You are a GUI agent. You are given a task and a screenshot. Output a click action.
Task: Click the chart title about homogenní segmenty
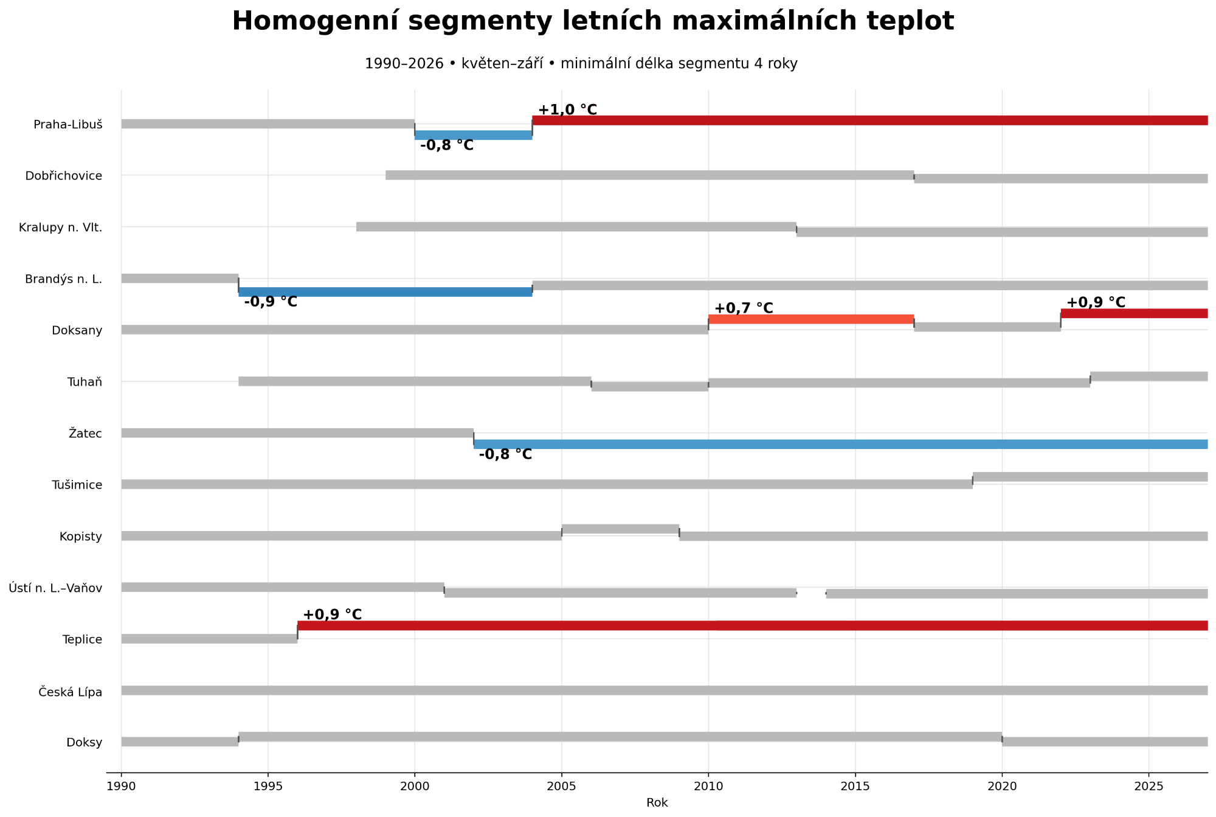(x=593, y=21)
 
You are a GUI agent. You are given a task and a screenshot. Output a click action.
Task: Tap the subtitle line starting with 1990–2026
(x=581, y=64)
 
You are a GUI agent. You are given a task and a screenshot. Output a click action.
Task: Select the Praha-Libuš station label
(x=68, y=125)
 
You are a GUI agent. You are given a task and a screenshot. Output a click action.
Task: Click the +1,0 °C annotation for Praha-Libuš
(x=567, y=110)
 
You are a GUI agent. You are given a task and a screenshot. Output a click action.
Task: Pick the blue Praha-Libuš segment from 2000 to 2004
(x=474, y=135)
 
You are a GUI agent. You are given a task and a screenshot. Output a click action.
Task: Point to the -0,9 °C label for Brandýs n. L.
(x=271, y=302)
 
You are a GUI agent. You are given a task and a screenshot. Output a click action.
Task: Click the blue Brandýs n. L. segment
(x=385, y=292)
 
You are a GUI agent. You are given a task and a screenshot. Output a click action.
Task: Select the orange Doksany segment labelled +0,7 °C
(x=811, y=319)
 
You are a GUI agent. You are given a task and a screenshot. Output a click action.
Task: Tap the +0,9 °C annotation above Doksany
(x=1096, y=302)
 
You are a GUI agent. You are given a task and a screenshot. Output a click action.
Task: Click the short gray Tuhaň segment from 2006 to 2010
(x=650, y=386)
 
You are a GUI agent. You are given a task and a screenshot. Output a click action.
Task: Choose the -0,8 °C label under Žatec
(x=505, y=454)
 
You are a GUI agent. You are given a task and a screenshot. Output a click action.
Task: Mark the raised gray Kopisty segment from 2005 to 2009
(x=621, y=529)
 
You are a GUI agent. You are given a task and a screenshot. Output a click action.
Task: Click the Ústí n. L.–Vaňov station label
(x=55, y=588)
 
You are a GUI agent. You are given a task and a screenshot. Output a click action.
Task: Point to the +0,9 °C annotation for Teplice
(x=332, y=615)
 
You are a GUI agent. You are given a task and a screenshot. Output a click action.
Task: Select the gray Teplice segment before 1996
(x=209, y=639)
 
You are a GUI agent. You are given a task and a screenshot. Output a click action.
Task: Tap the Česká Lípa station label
(x=71, y=692)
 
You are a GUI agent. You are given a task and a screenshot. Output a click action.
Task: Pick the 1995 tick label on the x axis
(x=268, y=786)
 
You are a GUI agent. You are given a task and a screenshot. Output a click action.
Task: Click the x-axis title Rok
(x=657, y=803)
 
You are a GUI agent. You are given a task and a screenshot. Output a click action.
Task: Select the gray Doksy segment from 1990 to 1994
(x=180, y=742)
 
